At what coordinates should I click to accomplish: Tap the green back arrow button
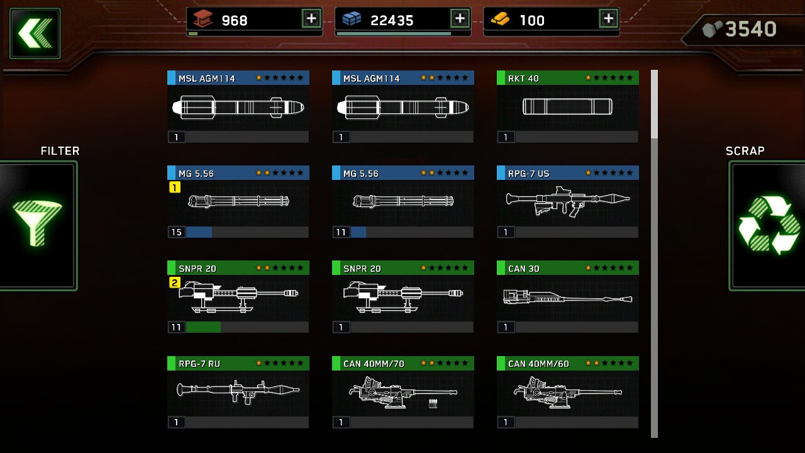[x=35, y=33]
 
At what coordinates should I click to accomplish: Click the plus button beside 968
[x=311, y=18]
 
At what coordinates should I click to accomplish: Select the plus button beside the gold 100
[x=608, y=18]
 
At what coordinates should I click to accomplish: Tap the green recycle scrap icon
[x=769, y=225]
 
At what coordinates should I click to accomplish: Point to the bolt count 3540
[x=751, y=29]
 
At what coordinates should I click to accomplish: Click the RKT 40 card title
[x=523, y=79]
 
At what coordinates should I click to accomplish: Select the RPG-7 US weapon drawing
[x=567, y=201]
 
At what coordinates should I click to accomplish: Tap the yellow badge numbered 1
[x=175, y=187]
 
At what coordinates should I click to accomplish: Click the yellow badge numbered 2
[x=175, y=282]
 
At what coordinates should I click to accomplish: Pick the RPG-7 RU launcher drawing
[x=238, y=391]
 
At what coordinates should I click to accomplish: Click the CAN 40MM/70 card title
[x=374, y=364]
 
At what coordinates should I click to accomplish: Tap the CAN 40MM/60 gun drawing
[x=567, y=392]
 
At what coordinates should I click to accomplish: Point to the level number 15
[x=177, y=232]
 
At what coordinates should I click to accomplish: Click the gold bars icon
[x=500, y=19]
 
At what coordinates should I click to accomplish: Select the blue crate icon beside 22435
[x=352, y=18]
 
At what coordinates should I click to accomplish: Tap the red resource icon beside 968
[x=203, y=18]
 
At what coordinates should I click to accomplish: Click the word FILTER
[x=60, y=151]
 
